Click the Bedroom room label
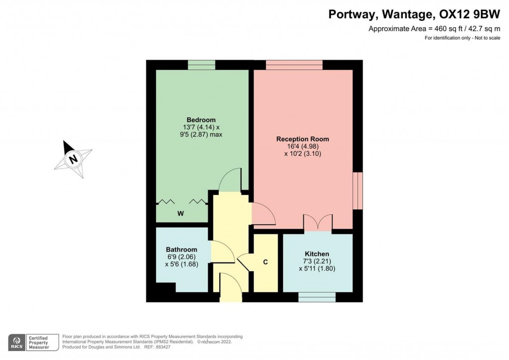point(201,120)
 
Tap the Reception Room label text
point(303,139)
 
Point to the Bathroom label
point(181,250)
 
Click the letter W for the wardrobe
point(181,214)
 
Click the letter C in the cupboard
point(265,262)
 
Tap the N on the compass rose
point(74,160)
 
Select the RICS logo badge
point(18,342)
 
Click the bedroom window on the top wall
point(201,65)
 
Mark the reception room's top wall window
point(294,65)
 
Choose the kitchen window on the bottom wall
point(317,297)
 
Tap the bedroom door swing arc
point(230,180)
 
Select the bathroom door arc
point(223,252)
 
